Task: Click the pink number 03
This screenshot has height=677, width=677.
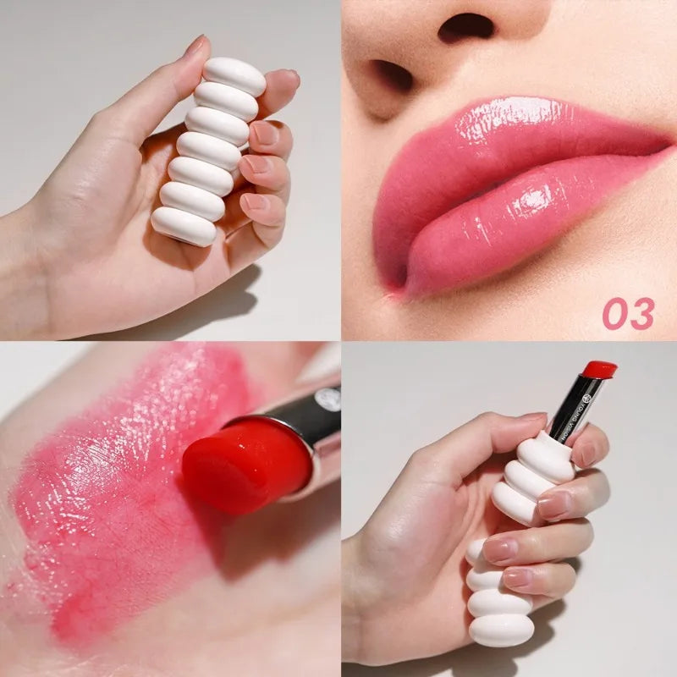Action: coord(628,314)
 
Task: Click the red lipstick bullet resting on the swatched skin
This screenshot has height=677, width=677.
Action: coord(245,461)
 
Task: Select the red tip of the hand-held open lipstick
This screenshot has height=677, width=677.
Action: coord(599,369)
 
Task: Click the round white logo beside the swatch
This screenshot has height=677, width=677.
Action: coord(327,399)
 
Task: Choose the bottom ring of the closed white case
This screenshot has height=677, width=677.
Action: coord(184,227)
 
